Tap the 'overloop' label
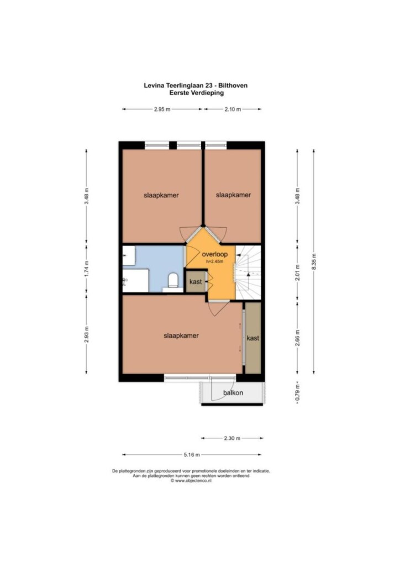[214, 254]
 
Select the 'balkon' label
[233, 393]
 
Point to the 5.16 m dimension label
[192, 455]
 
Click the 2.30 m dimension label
[232, 438]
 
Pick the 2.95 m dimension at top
[162, 109]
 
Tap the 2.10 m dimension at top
[233, 109]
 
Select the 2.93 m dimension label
[86, 334]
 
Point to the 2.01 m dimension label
[297, 273]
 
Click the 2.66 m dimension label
[297, 338]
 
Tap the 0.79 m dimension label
[297, 393]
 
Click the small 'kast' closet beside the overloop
[196, 281]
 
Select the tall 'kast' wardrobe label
[253, 338]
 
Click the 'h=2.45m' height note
[214, 261]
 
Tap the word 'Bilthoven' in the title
[234, 86]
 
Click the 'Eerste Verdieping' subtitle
[197, 93]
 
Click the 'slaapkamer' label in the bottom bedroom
[181, 336]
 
